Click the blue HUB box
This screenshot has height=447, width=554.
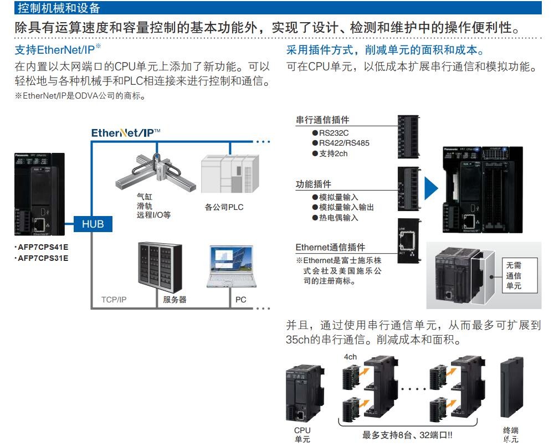pos(93,224)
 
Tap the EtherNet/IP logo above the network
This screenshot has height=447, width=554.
pos(126,133)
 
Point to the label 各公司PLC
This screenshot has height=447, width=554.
pos(224,208)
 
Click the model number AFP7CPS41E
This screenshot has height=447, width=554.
pos(43,248)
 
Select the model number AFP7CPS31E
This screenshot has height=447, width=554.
pos(43,258)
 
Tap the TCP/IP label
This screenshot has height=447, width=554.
pos(114,300)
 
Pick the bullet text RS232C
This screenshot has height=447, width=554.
pos(335,133)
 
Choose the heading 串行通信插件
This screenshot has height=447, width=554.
pos(322,120)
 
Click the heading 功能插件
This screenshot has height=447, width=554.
pos(314,184)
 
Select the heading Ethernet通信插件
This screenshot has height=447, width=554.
pos(330,247)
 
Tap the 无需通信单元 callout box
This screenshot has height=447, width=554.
pos(514,275)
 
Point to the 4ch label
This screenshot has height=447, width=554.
pos(350,357)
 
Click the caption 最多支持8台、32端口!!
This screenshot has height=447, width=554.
pos(407,435)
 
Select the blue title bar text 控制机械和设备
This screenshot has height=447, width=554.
pos(59,8)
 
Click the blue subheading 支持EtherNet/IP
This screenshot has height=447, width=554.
pos(57,50)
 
